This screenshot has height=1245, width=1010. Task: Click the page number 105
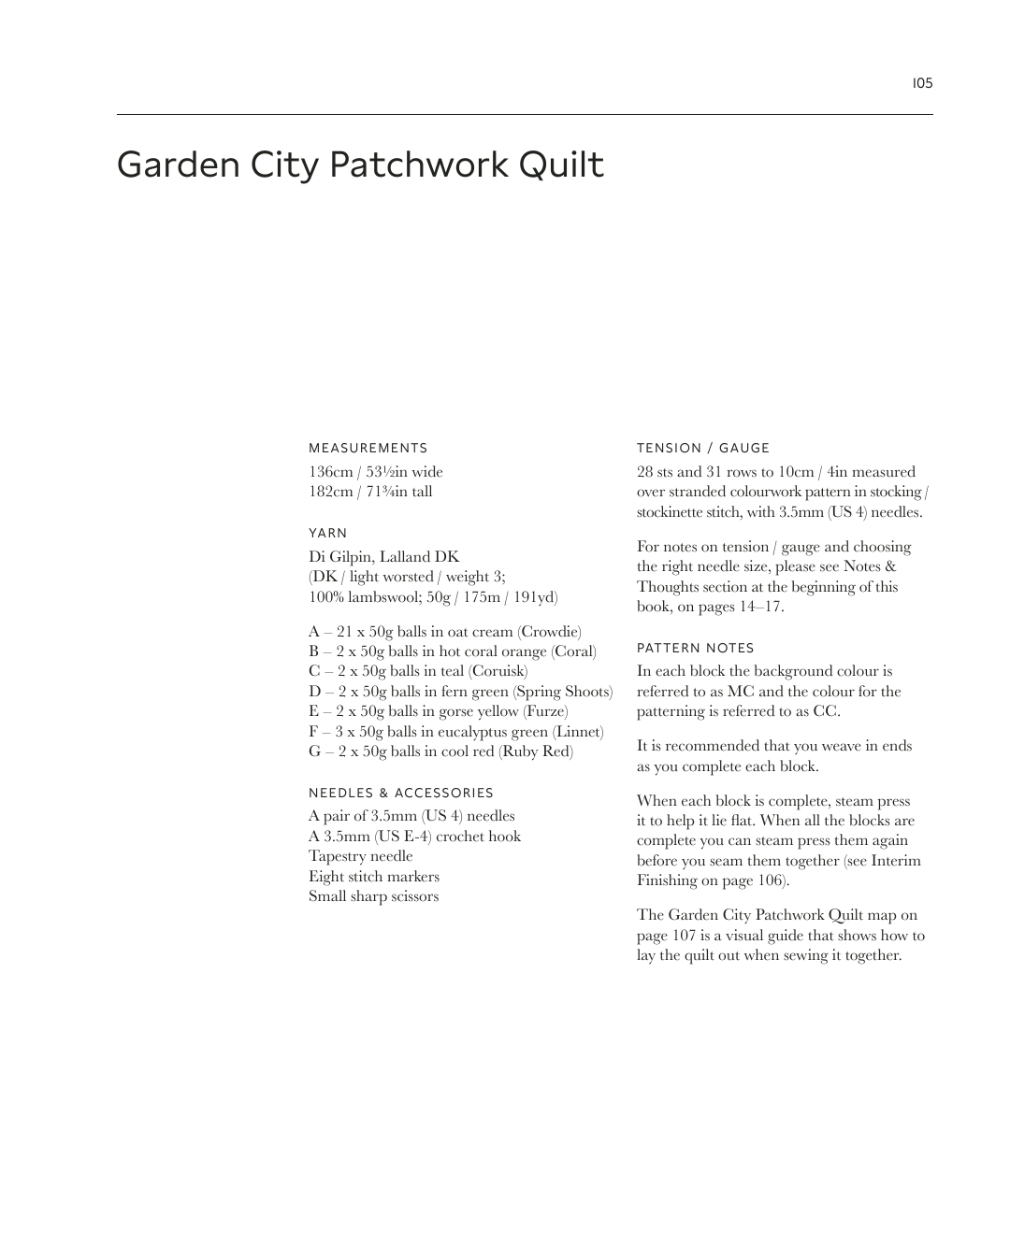(x=922, y=83)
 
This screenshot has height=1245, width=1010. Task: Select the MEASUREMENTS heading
(x=368, y=449)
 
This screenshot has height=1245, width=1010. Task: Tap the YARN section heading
(x=327, y=534)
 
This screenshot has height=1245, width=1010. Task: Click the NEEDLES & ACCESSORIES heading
(x=400, y=793)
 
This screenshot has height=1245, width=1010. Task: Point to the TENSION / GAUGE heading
(x=702, y=449)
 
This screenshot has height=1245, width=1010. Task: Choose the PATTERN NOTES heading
(x=695, y=648)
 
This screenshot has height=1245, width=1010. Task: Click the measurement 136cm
(x=330, y=472)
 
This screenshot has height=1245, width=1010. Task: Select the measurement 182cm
(x=330, y=492)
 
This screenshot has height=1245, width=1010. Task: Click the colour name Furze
(x=545, y=711)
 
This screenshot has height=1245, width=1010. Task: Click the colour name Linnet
(x=578, y=732)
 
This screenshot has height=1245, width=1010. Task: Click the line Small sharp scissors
(x=373, y=896)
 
